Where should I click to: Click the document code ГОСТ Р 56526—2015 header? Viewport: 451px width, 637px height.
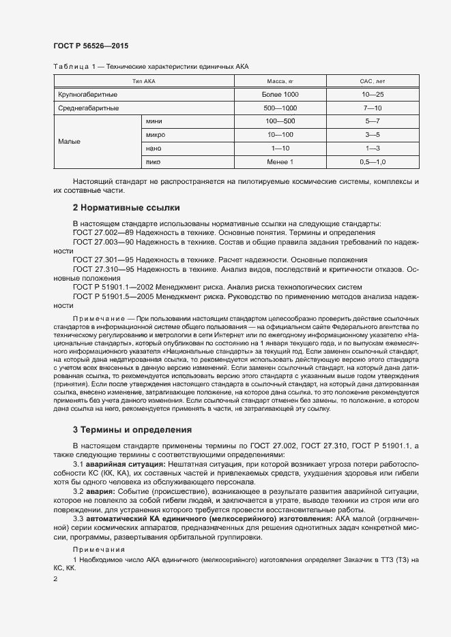(x=90, y=46)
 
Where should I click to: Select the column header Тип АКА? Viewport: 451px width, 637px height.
(x=144, y=81)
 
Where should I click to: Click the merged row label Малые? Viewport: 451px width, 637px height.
(x=70, y=142)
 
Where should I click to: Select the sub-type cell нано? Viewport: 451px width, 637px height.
(x=153, y=148)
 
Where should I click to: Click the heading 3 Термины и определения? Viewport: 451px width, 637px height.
(x=133, y=430)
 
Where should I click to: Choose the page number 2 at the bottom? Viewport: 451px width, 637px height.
(x=55, y=578)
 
